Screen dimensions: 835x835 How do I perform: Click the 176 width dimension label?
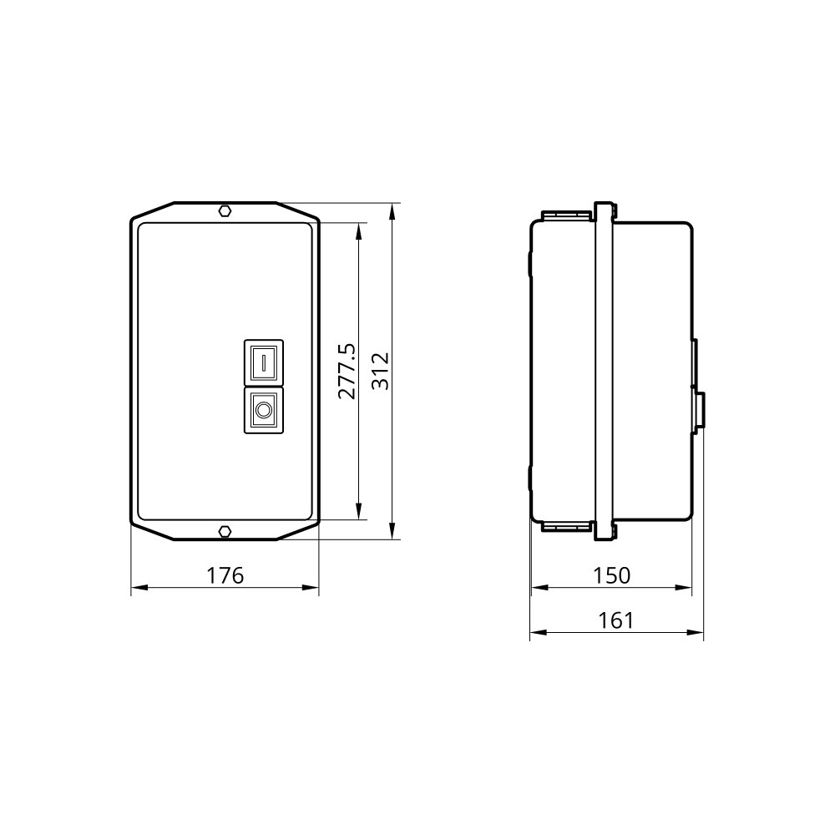225,575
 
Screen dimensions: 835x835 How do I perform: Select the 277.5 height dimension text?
347,372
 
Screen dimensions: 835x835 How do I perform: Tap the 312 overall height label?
380,372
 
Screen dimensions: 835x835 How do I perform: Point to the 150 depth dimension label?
611,575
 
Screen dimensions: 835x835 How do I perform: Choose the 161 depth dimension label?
615,620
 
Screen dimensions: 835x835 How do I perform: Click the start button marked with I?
264,362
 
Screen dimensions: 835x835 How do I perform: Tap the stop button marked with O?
264,410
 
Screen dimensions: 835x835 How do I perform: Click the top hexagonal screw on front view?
225,211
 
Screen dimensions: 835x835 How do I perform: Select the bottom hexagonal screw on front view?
225,531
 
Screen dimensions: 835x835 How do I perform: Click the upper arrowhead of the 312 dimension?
392,211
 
